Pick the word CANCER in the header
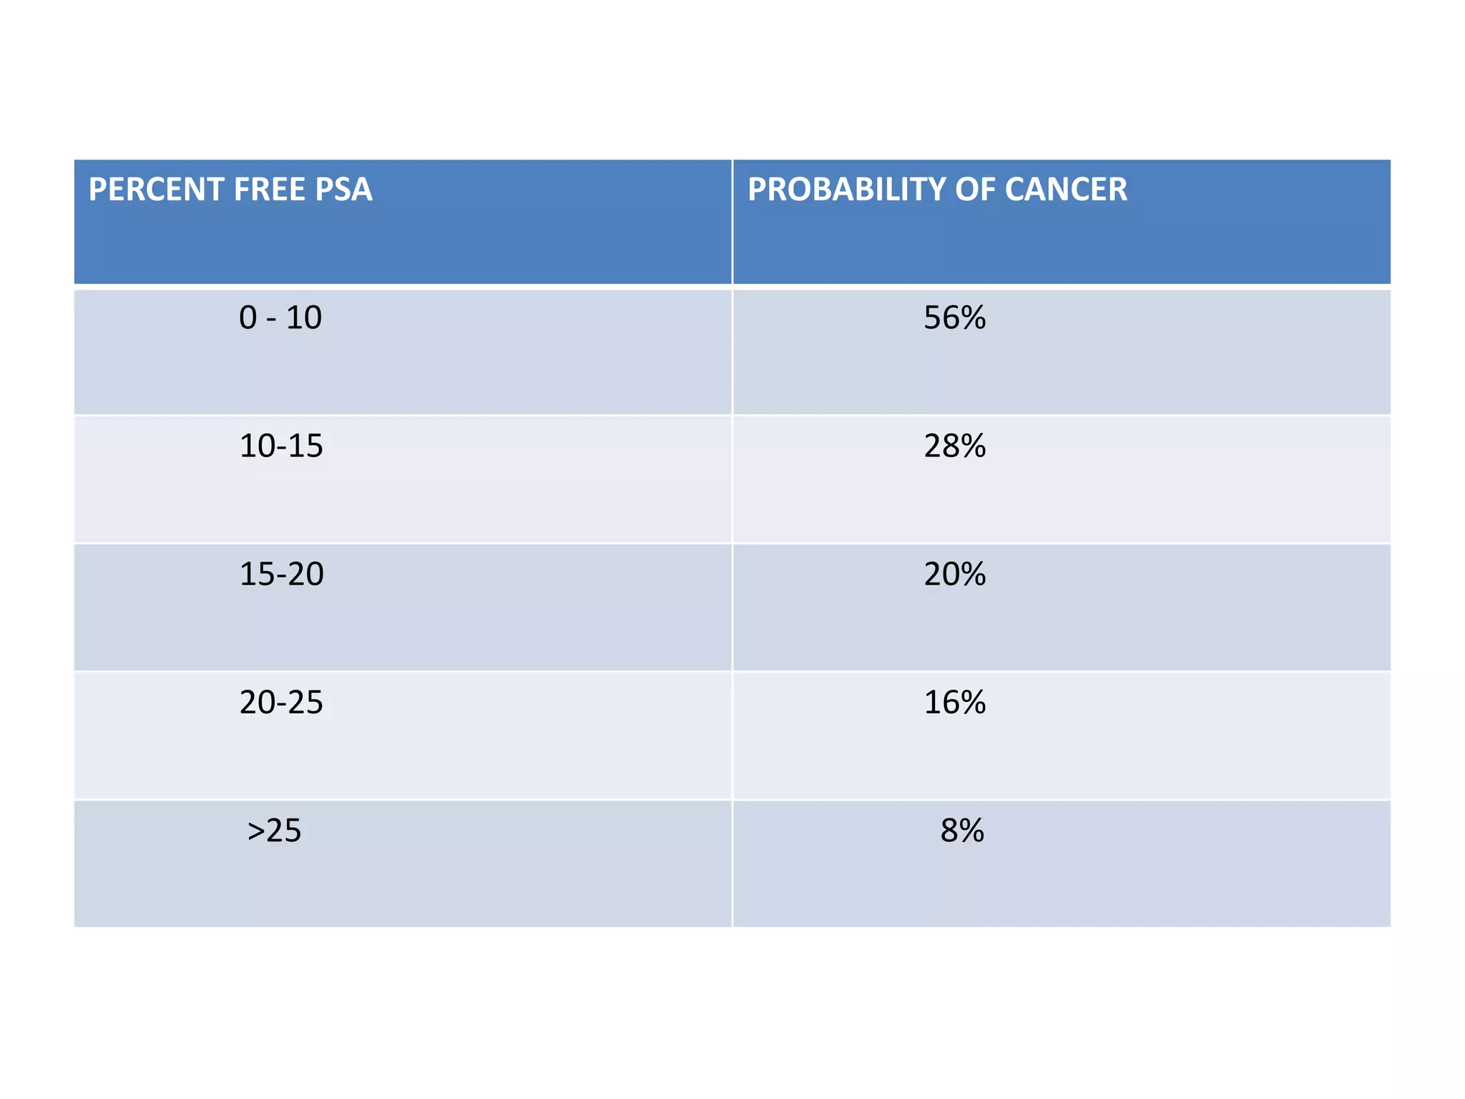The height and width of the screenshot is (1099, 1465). (x=1065, y=190)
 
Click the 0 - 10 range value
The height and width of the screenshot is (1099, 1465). (x=280, y=318)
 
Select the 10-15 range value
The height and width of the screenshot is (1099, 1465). (x=281, y=446)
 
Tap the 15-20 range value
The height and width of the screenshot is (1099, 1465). (x=281, y=574)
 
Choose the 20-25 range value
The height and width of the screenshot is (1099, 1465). (x=281, y=703)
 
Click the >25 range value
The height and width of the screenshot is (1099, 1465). (x=274, y=831)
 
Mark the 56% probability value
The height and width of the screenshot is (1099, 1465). (x=954, y=318)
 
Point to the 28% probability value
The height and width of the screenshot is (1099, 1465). (x=954, y=446)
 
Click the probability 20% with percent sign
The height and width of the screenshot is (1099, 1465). (x=954, y=574)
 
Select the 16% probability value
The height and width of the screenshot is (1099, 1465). (x=954, y=703)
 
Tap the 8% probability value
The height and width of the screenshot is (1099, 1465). (x=962, y=831)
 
